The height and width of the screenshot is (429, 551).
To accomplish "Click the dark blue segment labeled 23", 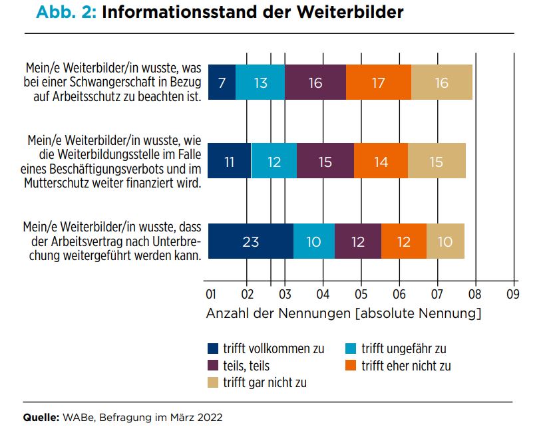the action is click(x=251, y=241).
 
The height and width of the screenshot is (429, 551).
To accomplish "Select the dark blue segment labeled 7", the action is click(x=222, y=82).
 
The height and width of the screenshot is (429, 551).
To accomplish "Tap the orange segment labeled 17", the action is click(x=379, y=82).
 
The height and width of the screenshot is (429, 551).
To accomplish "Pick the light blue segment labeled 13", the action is click(x=260, y=82).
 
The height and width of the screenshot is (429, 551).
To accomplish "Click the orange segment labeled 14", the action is click(x=381, y=161).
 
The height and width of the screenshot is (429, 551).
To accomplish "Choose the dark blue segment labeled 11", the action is click(x=230, y=161).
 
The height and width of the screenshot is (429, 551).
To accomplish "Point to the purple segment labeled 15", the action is click(x=325, y=161).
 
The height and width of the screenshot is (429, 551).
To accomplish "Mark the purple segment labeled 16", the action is click(x=315, y=82).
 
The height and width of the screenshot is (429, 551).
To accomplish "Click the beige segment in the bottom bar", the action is click(x=445, y=241).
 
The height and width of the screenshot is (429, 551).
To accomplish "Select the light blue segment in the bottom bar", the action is click(x=314, y=241).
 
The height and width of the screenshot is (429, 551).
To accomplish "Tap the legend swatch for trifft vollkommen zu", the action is click(x=213, y=349).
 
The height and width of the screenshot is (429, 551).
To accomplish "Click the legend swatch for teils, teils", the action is click(x=213, y=365).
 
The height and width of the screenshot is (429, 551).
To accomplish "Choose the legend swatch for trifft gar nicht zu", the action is click(x=213, y=382).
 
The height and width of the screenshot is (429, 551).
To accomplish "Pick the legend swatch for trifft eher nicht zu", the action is click(x=351, y=365).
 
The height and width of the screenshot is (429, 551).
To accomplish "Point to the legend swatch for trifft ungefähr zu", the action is click(x=351, y=349).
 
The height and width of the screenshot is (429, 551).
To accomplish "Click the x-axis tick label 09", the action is click(x=512, y=294).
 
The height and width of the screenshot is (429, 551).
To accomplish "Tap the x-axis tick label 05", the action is click(x=361, y=294).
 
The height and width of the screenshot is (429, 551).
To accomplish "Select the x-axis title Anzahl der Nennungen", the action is click(x=278, y=313).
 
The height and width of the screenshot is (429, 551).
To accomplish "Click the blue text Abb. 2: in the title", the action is click(x=66, y=12).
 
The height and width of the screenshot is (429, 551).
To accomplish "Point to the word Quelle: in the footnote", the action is click(x=41, y=418).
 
